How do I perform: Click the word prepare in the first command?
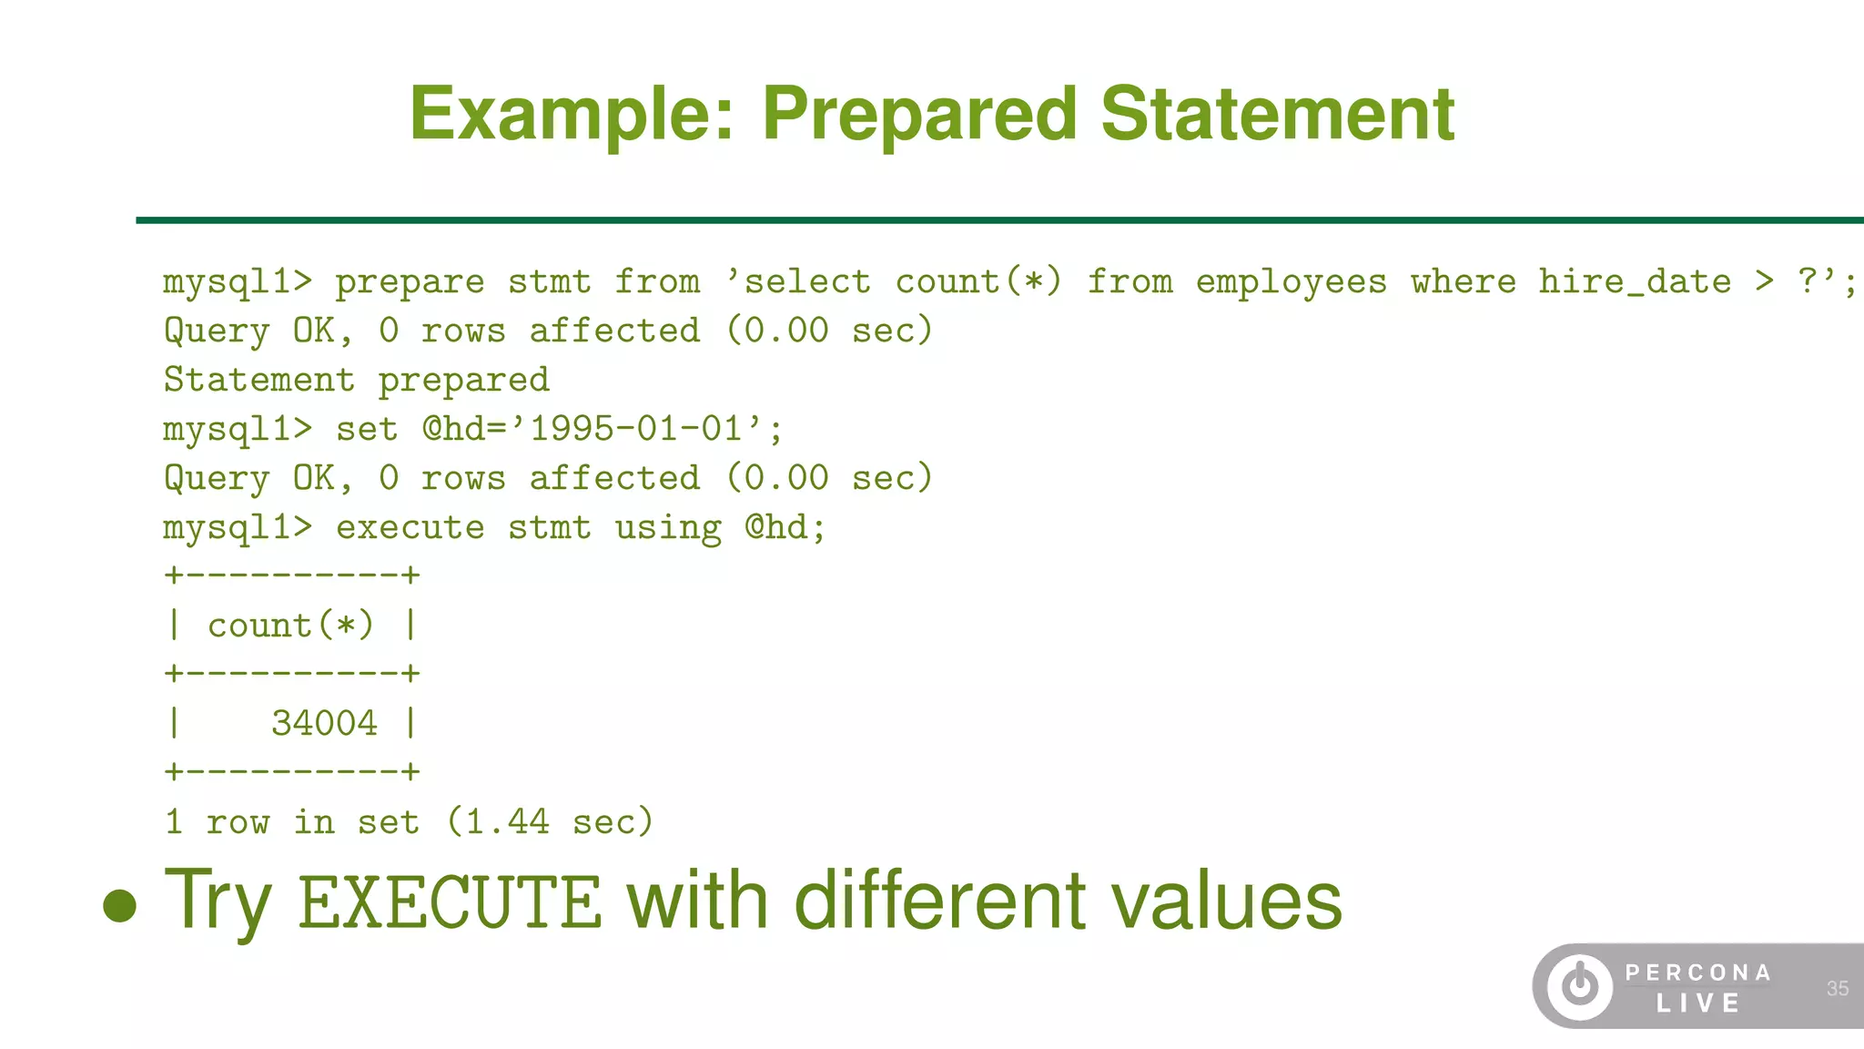click(x=410, y=283)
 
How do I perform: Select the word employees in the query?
click(x=1292, y=283)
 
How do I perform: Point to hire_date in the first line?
click(x=1635, y=283)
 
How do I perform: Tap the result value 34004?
click(x=324, y=724)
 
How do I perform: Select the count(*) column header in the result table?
click(x=290, y=626)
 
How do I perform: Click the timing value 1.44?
click(x=507, y=822)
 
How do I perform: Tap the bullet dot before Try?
click(x=119, y=906)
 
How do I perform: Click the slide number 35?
click(x=1837, y=989)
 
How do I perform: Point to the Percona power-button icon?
click(x=1579, y=986)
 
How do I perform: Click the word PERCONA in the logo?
click(x=1698, y=973)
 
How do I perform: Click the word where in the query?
click(x=1464, y=283)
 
